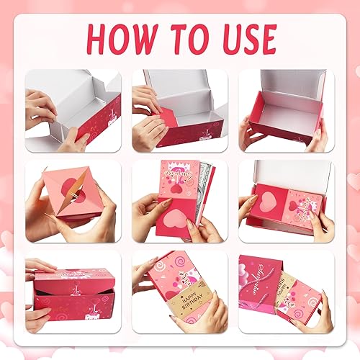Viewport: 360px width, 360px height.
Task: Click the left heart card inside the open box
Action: click(268, 202)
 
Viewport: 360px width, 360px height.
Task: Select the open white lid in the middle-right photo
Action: click(288, 173)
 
